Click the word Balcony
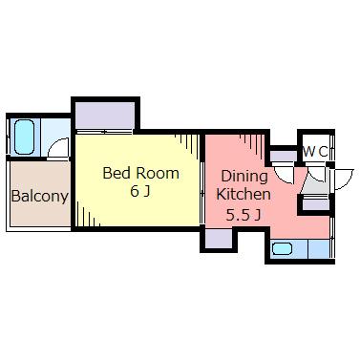[40, 197]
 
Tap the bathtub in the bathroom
[24, 137]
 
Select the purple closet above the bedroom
[105, 115]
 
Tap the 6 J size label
[140, 192]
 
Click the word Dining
[244, 177]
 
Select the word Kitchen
[244, 194]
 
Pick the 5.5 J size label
[244, 215]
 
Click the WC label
[315, 152]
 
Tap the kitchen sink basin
[283, 248]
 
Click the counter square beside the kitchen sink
[318, 248]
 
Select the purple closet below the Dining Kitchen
[219, 239]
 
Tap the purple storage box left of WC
[284, 156]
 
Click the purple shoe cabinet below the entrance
[316, 204]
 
